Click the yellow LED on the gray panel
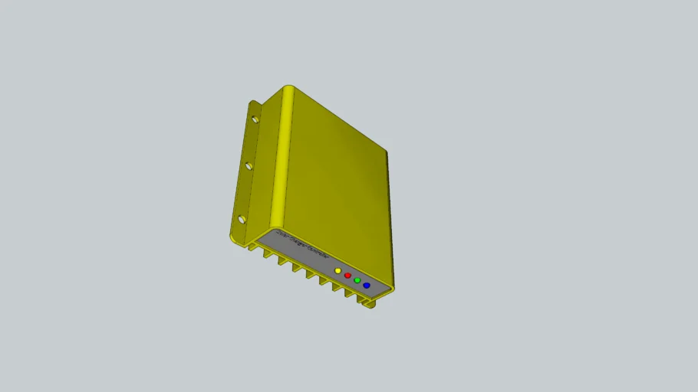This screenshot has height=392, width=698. [338, 271]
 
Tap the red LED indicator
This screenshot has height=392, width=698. [347, 276]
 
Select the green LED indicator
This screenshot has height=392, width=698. [357, 280]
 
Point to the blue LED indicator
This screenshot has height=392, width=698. [367, 286]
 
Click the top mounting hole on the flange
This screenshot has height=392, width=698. [255, 119]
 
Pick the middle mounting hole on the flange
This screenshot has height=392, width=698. [249, 165]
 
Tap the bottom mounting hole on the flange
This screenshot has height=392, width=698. [242, 220]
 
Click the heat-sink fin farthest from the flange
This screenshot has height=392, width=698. [368, 303]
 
